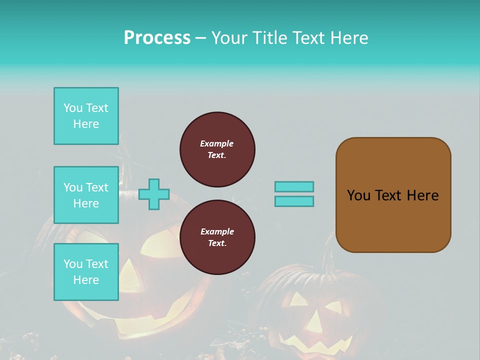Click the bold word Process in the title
pos(157,38)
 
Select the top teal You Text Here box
pos(86,116)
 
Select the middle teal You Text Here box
pos(86,195)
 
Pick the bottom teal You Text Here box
pos(86,272)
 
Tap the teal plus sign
pos(154,194)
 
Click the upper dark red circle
pos(217,149)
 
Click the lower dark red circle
pos(217,237)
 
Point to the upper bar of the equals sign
pos(294,186)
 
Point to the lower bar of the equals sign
pos(294,201)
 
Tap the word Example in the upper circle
pos(217,143)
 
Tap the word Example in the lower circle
pos(217,231)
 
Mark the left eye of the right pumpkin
pos(299,299)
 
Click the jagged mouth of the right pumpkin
pos(315,344)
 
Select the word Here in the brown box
pos(422,195)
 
